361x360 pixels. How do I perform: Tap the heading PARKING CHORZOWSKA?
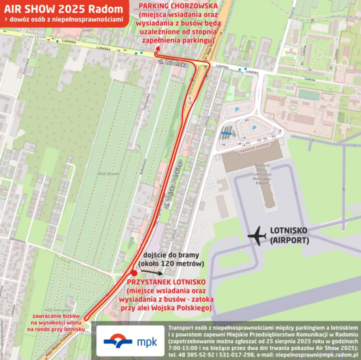click(177, 5)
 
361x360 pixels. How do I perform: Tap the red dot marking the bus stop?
click(134, 273)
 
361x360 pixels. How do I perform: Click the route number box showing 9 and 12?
click(190, 99)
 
